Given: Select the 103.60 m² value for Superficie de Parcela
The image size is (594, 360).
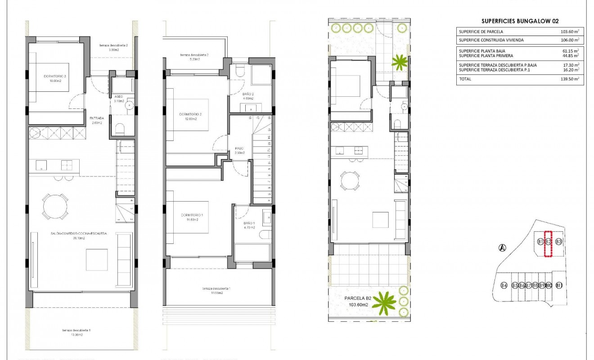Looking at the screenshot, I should pyautogui.click(x=569, y=31).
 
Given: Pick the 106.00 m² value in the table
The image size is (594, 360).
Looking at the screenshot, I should pyautogui.click(x=569, y=40).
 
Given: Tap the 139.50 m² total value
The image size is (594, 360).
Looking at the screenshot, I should pyautogui.click(x=569, y=79).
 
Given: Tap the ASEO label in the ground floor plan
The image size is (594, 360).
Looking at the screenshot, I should pyautogui.click(x=119, y=96).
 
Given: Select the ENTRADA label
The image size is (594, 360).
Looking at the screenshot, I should pyautogui.click(x=97, y=118).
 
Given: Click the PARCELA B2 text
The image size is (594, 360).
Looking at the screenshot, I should pyautogui.click(x=358, y=298).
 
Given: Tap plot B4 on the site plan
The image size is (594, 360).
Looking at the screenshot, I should pyautogui.click(x=504, y=285).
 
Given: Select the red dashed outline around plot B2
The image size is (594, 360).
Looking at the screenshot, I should pyautogui.click(x=548, y=243).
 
